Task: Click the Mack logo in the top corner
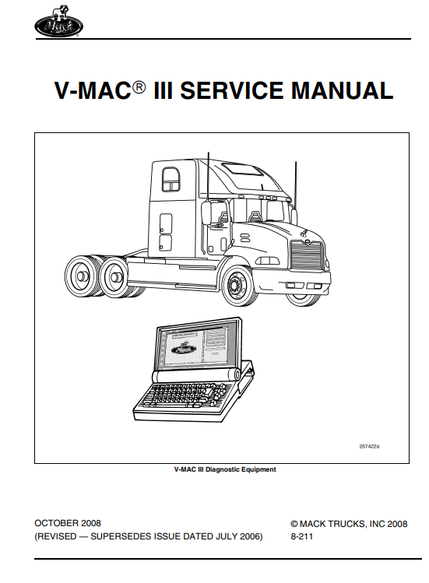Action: click(x=58, y=22)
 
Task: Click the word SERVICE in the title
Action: click(x=231, y=90)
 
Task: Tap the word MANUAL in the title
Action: click(x=343, y=90)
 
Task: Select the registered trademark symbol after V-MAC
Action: click(x=139, y=86)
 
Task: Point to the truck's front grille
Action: click(x=307, y=253)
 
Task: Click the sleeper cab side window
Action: click(x=171, y=179)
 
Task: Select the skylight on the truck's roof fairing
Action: click(x=242, y=170)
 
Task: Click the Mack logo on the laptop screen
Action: click(x=183, y=349)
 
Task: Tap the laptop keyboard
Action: click(x=185, y=397)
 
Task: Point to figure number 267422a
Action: click(x=369, y=446)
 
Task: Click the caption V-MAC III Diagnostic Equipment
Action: click(x=225, y=469)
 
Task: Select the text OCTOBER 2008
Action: click(x=68, y=523)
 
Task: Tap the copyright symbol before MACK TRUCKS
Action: click(x=294, y=524)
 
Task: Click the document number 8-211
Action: click(x=302, y=536)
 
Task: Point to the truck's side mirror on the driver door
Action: click(x=206, y=213)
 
